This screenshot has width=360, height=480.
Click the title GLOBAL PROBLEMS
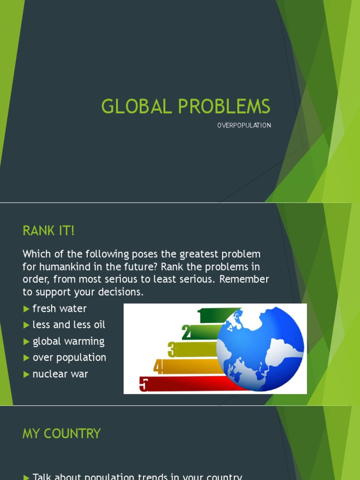186,107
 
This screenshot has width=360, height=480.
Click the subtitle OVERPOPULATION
244,126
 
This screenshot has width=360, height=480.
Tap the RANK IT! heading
49,231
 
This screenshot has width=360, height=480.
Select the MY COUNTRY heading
61,434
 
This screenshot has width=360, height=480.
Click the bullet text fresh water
60,308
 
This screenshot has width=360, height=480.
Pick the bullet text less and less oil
69,324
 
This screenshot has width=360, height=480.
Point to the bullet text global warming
68,341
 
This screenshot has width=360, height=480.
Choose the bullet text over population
69,357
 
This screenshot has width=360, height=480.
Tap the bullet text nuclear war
60,374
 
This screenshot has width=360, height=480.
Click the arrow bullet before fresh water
26,309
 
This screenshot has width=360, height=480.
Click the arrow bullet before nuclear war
26,375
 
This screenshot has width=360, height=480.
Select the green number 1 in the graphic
201,316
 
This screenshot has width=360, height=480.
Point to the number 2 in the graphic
187,332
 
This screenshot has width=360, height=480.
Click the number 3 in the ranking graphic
172,349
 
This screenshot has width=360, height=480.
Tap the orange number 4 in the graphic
158,367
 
